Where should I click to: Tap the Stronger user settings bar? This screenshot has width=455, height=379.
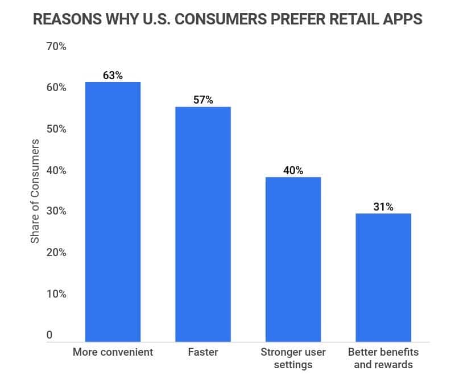click(293, 259)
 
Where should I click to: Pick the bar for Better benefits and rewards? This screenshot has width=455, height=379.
click(383, 277)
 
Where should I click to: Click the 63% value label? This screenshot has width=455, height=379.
click(113, 75)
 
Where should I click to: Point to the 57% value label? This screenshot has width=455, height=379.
click(203, 100)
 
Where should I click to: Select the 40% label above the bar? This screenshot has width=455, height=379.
click(293, 170)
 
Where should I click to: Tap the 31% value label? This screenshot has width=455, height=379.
click(383, 207)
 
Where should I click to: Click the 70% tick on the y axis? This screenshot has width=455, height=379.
click(56, 47)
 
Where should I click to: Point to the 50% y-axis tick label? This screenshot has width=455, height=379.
click(56, 129)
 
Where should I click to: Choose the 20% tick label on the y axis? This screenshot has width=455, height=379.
click(56, 253)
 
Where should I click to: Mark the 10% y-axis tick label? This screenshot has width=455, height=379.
click(56, 294)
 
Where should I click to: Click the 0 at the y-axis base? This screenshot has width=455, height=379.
click(49, 335)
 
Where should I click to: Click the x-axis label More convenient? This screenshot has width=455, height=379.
click(113, 352)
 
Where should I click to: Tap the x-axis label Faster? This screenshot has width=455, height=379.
click(202, 352)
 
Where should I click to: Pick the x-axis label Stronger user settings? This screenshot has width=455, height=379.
click(293, 358)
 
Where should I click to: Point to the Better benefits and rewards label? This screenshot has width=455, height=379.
click(383, 358)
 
